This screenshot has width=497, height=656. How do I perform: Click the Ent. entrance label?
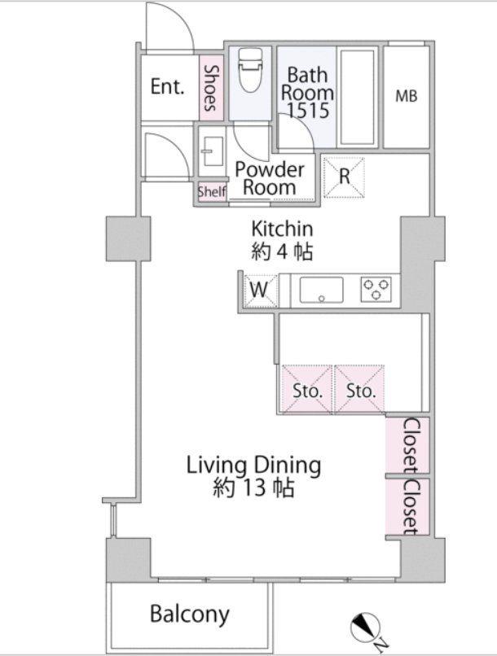tap(167, 86)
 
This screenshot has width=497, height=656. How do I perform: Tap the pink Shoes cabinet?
tap(210, 88)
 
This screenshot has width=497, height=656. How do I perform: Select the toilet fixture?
tap(250, 69)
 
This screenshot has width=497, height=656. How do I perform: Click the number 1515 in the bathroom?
tap(308, 111)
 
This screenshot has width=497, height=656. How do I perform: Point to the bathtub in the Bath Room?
tap(357, 97)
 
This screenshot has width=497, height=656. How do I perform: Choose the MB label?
tap(407, 97)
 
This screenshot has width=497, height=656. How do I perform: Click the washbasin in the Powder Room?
tap(211, 151)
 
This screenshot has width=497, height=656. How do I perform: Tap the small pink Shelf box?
tap(212, 192)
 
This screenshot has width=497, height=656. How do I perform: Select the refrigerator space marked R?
tap(344, 177)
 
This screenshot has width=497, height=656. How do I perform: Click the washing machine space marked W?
tap(261, 290)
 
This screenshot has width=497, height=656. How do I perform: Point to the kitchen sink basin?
tap(321, 290)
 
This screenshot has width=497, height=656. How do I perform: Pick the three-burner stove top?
tap(376, 289)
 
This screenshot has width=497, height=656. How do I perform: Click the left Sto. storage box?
tap(307, 390)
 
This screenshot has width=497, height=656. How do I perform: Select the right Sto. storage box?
tap(360, 390)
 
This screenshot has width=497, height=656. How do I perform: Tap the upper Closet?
tap(407, 445)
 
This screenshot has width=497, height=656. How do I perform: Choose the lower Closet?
tap(407, 506)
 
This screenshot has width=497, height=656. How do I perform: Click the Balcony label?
tap(190, 614)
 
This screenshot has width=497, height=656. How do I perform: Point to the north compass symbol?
tap(364, 628)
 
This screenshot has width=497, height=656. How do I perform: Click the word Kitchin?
tap(282, 229)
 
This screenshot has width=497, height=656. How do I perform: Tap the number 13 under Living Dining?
tap(254, 488)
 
